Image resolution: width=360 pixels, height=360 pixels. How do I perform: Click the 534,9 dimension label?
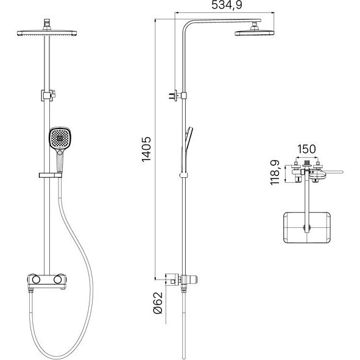click(x=227, y=5)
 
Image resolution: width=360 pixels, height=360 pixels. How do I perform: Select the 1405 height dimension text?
click(x=146, y=149)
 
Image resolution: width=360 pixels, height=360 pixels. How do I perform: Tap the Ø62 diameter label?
click(x=158, y=303)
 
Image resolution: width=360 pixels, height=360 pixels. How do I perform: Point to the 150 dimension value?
click(x=306, y=149)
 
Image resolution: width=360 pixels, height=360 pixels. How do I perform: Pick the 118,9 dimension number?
click(x=275, y=172)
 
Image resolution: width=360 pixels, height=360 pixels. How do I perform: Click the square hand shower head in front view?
click(x=60, y=138)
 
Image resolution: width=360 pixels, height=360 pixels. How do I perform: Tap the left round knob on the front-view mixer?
click(x=36, y=280)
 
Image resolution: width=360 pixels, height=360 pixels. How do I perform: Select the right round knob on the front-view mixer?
click(x=58, y=280)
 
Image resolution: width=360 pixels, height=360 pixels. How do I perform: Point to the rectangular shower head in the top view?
click(x=307, y=228)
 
